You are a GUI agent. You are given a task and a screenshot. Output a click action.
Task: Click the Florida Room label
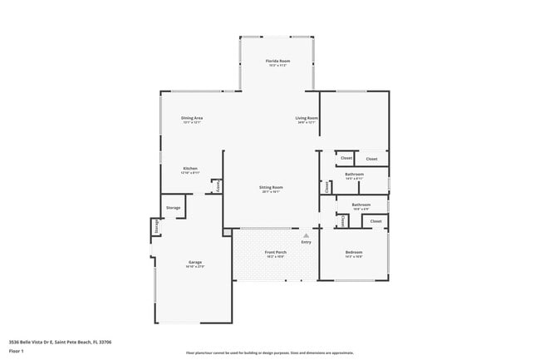[277, 62]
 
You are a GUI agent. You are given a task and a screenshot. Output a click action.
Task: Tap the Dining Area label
[192, 118]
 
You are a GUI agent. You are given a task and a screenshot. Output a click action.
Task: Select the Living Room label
[307, 118]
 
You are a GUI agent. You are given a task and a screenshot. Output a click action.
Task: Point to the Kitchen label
[190, 168]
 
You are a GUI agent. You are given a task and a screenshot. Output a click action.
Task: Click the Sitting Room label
[271, 187]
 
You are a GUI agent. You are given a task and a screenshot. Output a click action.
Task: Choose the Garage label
[194, 262]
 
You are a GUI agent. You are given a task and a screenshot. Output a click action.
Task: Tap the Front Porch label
[276, 251]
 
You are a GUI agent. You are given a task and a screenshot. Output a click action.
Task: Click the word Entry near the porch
[307, 242]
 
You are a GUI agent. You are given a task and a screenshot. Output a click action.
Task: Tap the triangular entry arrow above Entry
[307, 235]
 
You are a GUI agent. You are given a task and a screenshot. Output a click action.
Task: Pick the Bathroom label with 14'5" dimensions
[354, 174]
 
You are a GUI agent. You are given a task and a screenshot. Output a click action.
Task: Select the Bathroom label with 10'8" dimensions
[361, 204]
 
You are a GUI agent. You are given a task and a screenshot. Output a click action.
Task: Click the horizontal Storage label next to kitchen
[173, 207]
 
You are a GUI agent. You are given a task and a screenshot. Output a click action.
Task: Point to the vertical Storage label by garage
[155, 227]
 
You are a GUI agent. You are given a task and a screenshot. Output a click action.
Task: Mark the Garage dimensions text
[194, 267]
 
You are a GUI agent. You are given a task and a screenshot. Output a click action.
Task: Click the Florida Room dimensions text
[277, 67]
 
